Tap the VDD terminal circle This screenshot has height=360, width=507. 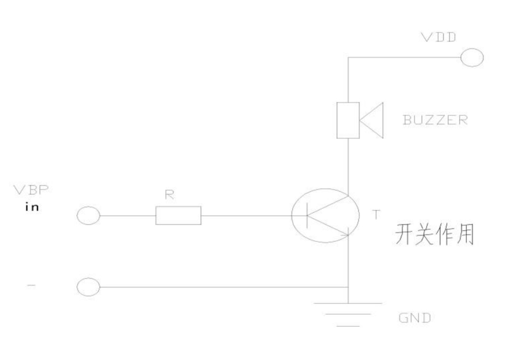pyautogui.click(x=471, y=58)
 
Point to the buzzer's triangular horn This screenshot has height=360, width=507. pyautogui.click(x=371, y=120)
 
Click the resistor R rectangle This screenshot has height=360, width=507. pyautogui.click(x=178, y=216)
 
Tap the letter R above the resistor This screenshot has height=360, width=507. pyautogui.click(x=169, y=196)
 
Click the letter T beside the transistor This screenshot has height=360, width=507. pyautogui.click(x=376, y=215)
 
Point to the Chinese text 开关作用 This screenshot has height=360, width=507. pyautogui.click(x=434, y=236)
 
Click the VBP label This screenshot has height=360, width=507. pyautogui.click(x=31, y=190)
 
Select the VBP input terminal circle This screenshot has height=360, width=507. pyautogui.click(x=88, y=216)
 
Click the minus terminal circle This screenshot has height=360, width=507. pyautogui.click(x=88, y=287)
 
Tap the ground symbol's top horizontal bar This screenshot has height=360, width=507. pyautogui.click(x=348, y=303)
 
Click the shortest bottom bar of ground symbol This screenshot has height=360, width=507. pyautogui.click(x=348, y=326)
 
